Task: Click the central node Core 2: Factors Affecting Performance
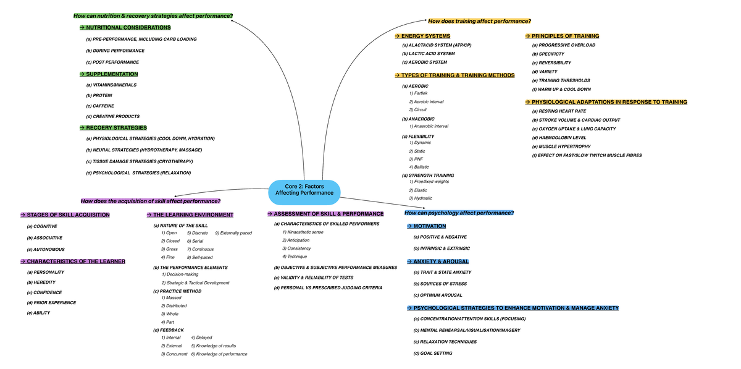click(x=304, y=190)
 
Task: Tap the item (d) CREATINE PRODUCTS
click(x=112, y=116)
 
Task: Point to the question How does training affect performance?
click(x=479, y=21)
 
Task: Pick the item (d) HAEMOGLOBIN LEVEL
click(x=559, y=138)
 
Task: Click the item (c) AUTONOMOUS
click(x=46, y=250)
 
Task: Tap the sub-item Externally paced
click(x=233, y=233)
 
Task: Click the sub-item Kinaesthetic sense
click(x=303, y=232)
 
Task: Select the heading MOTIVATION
click(x=429, y=226)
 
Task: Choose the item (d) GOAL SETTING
click(x=432, y=354)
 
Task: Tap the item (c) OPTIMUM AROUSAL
click(x=438, y=295)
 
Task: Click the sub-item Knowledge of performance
click(x=219, y=354)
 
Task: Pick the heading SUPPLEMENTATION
click(x=112, y=74)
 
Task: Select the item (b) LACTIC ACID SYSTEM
click(x=428, y=54)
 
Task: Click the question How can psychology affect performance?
click(x=459, y=213)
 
